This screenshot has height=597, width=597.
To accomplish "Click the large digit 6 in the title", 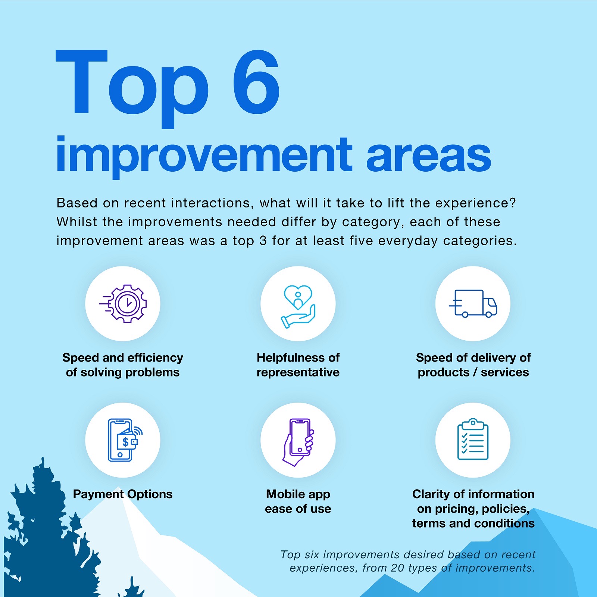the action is pos(256,82).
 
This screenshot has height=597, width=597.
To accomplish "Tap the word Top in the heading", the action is pos(132,89).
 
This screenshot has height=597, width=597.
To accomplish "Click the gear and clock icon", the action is pos(123,304).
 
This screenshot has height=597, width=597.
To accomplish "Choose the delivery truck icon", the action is pos(473,304).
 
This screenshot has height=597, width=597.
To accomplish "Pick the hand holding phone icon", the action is pos(298,442).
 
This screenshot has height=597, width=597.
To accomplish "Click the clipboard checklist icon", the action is pos(473,439).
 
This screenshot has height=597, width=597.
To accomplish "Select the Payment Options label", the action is pos(123,494).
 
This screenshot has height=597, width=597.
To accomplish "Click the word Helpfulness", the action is pos(291,358).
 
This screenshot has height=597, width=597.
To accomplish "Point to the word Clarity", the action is pos(431,494).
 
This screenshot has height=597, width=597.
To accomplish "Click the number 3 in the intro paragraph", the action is pos(263,241).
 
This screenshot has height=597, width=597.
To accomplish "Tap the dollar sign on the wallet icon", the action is pos(126,442).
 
